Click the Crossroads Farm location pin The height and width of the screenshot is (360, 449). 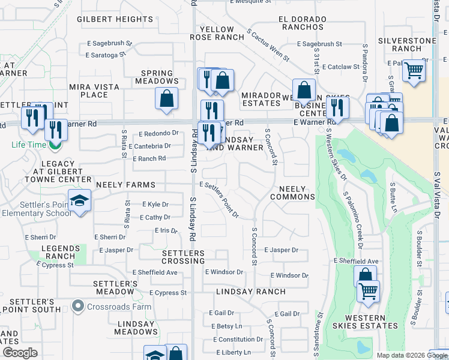pyautogui.click(x=77, y=307)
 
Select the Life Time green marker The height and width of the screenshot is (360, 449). pyautogui.click(x=56, y=145)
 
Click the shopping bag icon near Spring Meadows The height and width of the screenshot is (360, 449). pyautogui.click(x=166, y=98)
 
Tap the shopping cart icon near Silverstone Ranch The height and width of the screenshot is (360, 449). pyautogui.click(x=414, y=70)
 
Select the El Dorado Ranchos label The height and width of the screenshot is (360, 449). pyautogui.click(x=301, y=23)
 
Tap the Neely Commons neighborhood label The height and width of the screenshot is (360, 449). pyautogui.click(x=292, y=193)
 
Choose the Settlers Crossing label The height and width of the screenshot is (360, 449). pyautogui.click(x=184, y=257)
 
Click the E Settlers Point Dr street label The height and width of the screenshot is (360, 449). pyautogui.click(x=220, y=200)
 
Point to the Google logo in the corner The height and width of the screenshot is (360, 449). pyautogui.click(x=20, y=353)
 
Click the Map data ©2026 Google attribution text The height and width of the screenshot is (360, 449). pyautogui.click(x=411, y=355)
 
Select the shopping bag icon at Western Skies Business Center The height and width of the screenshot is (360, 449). pyautogui.click(x=304, y=91)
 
